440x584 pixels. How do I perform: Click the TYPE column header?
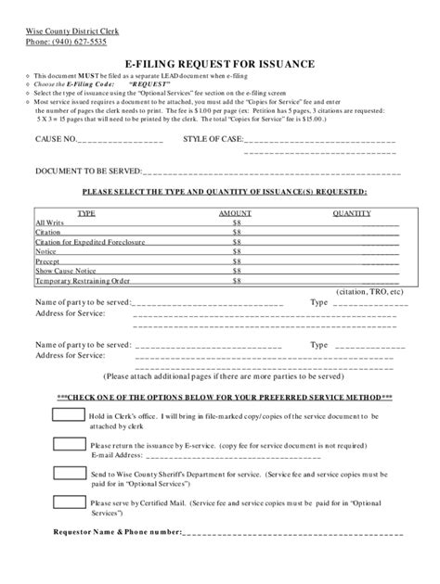pyautogui.click(x=86, y=212)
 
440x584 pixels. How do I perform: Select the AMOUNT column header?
pyautogui.click(x=236, y=212)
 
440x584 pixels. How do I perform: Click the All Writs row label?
pyautogui.click(x=49, y=222)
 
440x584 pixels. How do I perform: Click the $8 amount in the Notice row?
pyautogui.click(x=237, y=251)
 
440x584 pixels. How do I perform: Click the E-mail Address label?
pyautogui.click(x=117, y=454)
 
